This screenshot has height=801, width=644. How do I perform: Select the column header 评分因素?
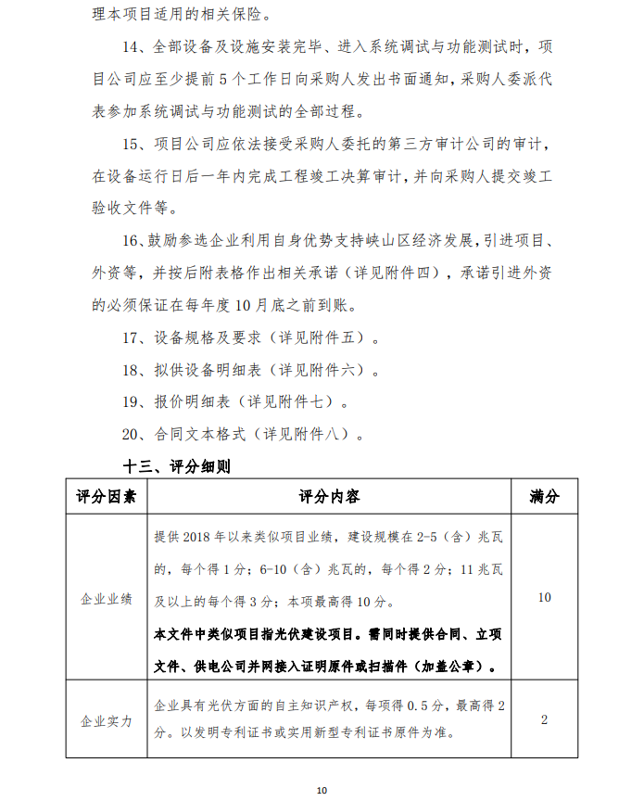106,497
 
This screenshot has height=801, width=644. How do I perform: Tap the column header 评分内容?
329,497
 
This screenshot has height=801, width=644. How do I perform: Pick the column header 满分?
544,497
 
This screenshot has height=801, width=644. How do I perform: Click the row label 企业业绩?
106,599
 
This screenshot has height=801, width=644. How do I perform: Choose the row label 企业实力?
106,719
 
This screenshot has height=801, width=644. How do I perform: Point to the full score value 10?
544,598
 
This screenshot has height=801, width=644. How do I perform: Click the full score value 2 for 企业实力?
544,719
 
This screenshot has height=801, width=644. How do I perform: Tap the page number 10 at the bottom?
322,789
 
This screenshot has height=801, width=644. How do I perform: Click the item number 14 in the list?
133,47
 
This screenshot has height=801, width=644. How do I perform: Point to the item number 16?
132,240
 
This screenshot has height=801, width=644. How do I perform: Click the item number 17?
133,337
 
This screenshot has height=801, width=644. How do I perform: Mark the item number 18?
133,370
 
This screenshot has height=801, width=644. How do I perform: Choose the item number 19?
133,402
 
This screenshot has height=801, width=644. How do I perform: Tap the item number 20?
133,434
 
